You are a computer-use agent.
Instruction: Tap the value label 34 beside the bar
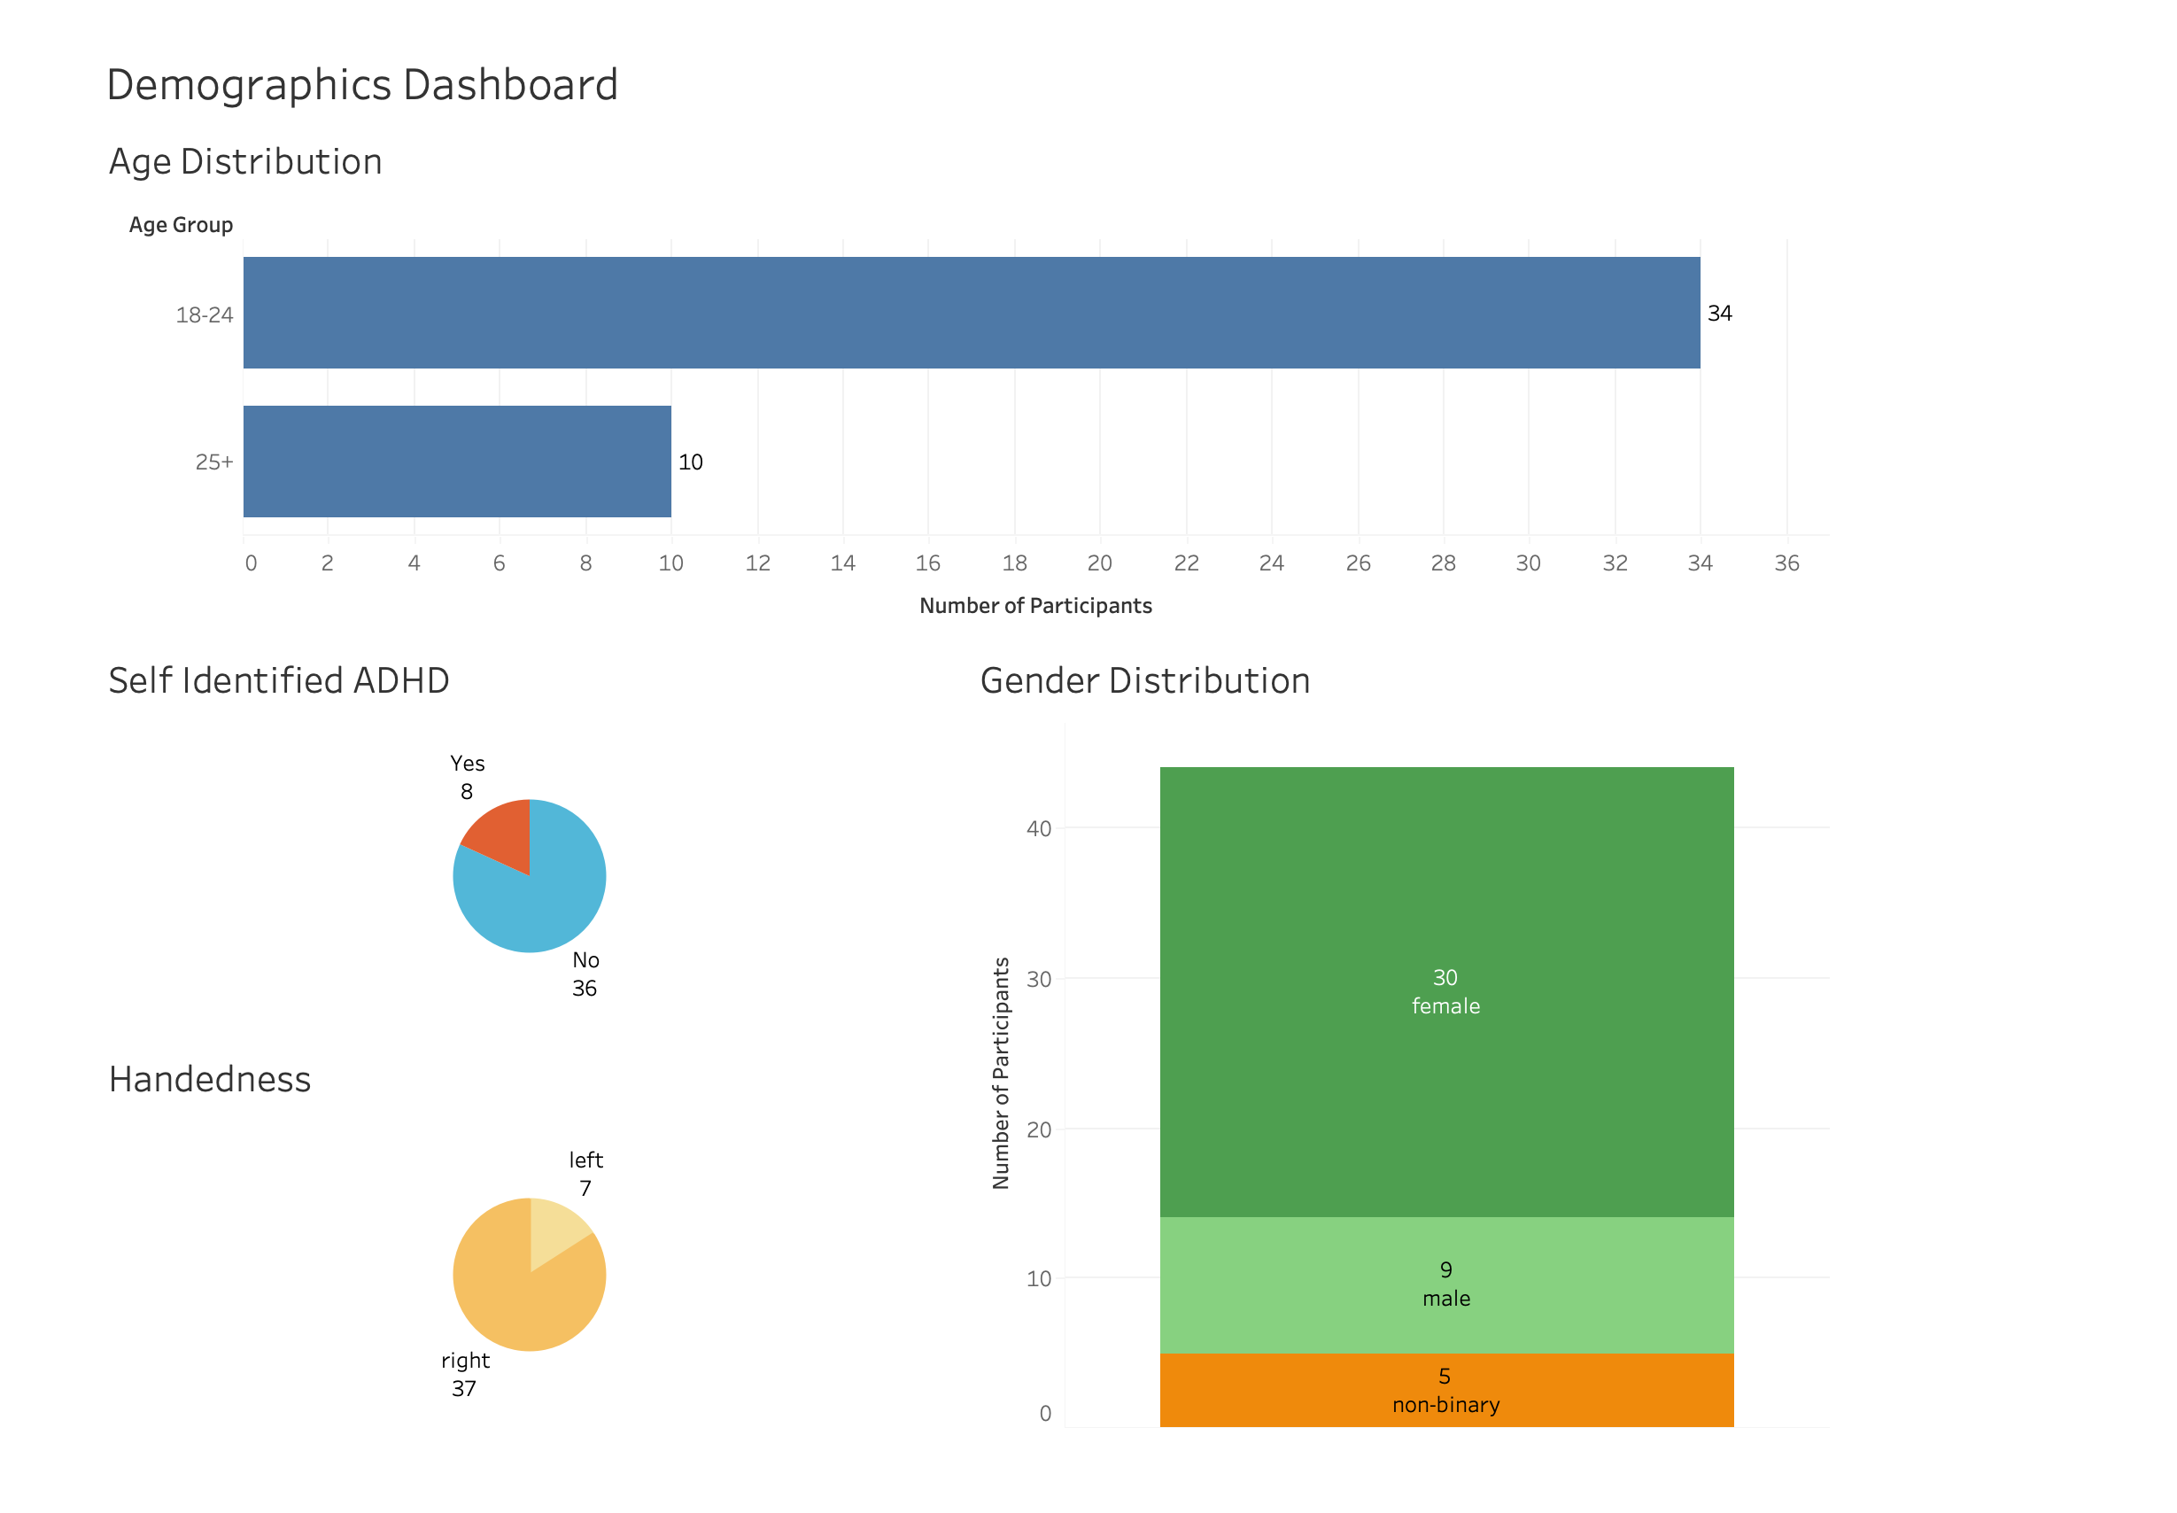(1718, 313)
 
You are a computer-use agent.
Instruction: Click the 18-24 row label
(204, 314)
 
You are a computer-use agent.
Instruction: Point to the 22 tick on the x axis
(1186, 563)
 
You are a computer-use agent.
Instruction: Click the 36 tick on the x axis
(1786, 563)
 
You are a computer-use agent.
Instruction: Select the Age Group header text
(180, 225)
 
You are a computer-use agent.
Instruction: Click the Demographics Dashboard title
(362, 85)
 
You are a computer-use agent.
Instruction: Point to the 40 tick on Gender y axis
(1038, 828)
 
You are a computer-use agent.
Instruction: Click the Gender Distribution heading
(1144, 680)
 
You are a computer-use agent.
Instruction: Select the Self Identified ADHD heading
(279, 680)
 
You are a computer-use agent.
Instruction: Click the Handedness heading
(209, 1079)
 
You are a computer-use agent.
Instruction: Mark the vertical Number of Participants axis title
(1000, 1072)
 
